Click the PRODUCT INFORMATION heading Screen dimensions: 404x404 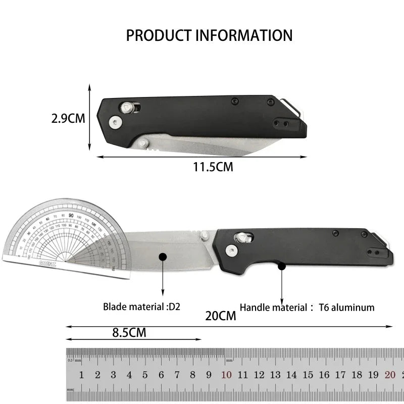[x=209, y=35]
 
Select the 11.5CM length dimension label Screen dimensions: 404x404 [x=213, y=167]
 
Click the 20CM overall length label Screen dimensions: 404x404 [x=220, y=316]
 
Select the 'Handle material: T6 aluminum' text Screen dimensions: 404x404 [x=307, y=307]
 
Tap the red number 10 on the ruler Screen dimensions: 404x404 [x=227, y=375]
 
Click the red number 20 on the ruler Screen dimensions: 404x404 [x=389, y=375]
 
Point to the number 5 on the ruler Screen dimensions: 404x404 [x=145, y=375]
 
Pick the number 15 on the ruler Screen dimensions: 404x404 [x=308, y=375]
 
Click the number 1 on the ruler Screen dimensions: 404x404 [x=81, y=375]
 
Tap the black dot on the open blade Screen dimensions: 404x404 [x=163, y=257]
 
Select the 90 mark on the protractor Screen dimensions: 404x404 [x=71, y=215]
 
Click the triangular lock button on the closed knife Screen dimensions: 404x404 [x=126, y=108]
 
